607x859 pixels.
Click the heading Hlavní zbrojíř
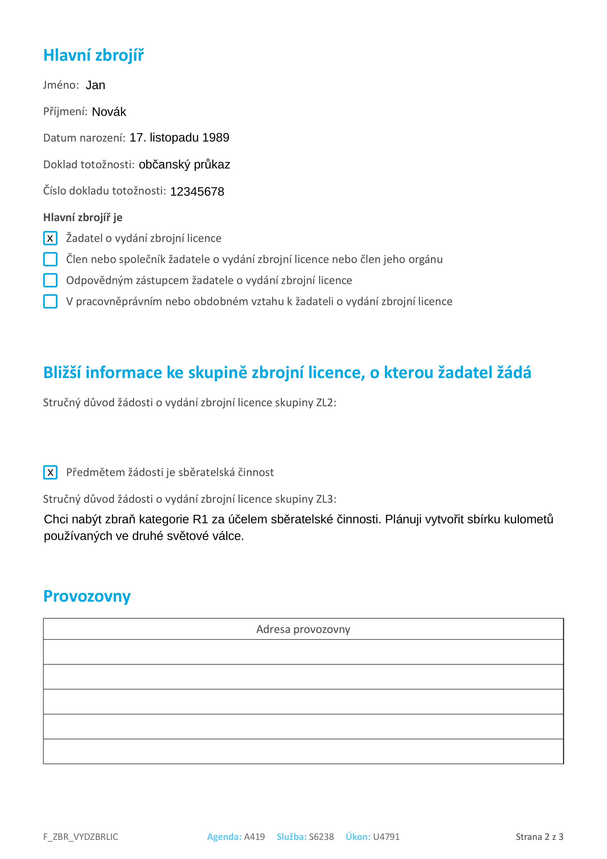pos(93,55)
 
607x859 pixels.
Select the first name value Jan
pos(95,85)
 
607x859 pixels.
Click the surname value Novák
pos(109,112)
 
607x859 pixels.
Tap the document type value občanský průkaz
pos(184,165)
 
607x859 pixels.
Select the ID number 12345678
pos(197,191)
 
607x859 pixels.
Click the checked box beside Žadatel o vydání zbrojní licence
pos(50,238)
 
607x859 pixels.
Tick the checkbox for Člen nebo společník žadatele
pos(50,259)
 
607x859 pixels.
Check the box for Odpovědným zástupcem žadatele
pos(50,280)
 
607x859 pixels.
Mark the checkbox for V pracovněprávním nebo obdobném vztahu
pos(50,301)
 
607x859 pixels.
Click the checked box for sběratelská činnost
pos(50,473)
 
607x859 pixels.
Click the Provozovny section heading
pos(87,596)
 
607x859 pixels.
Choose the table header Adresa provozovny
pos(303,629)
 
